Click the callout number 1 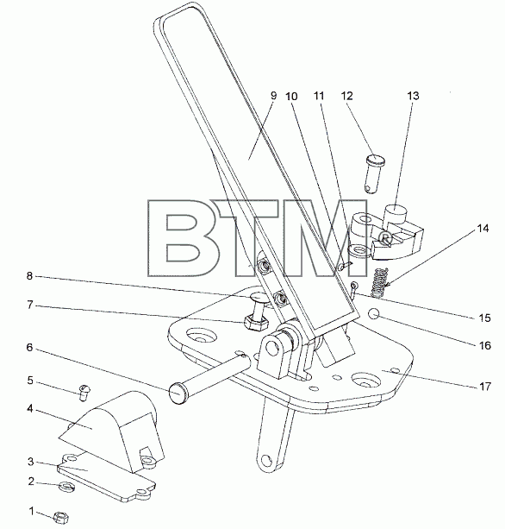[x=32, y=511]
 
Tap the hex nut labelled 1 [x=61, y=517]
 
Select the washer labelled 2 [x=66, y=487]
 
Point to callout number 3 [x=31, y=462]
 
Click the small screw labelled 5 [x=84, y=393]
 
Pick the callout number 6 [x=30, y=348]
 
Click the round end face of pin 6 [x=178, y=393]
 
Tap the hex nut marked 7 [x=255, y=324]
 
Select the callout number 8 [x=29, y=276]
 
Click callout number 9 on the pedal [x=273, y=96]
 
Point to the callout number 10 [x=291, y=97]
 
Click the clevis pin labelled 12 [x=375, y=173]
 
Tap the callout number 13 [x=413, y=96]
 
